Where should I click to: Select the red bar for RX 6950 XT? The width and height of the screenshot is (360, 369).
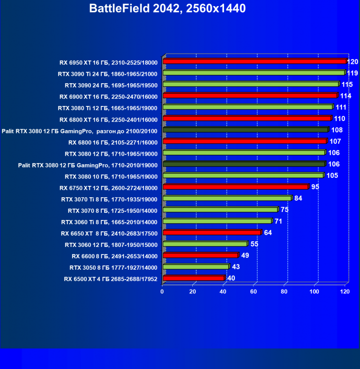tap(254, 61)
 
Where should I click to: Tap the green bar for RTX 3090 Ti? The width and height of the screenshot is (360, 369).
tap(253, 73)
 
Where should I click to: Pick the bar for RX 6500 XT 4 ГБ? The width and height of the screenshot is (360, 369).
tap(193, 278)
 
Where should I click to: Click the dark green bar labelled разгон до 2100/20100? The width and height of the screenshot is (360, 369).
tap(245, 130)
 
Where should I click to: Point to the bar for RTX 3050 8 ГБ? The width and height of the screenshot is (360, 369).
tap(195, 267)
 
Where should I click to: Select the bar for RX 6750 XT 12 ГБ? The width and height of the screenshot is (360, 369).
tap(235, 187)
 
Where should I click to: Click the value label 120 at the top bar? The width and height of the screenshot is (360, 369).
tap(352, 61)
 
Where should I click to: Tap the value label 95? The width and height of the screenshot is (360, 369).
tap(315, 187)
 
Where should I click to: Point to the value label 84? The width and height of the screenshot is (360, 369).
tap(298, 198)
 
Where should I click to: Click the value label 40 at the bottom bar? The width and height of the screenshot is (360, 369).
tap(231, 278)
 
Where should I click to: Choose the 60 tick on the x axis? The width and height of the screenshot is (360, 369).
tap(254, 291)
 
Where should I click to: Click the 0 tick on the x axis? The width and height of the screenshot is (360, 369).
tap(162, 291)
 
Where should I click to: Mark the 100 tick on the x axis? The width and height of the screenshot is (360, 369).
tap(315, 291)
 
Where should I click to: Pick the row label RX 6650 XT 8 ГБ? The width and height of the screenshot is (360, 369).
tap(109, 233)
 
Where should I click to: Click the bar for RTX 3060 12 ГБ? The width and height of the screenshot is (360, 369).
tap(205, 244)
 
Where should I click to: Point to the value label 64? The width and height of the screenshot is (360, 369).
tap(268, 233)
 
